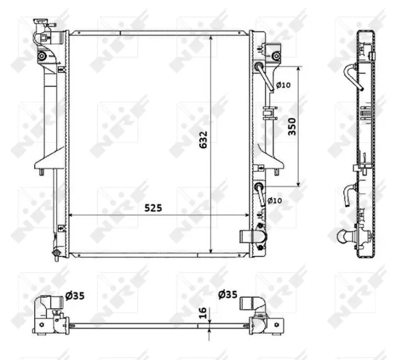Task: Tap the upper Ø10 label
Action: pos(283,84)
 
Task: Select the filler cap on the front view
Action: pos(42,30)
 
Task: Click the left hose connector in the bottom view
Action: pos(51,305)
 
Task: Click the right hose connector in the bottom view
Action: pos(257,304)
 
